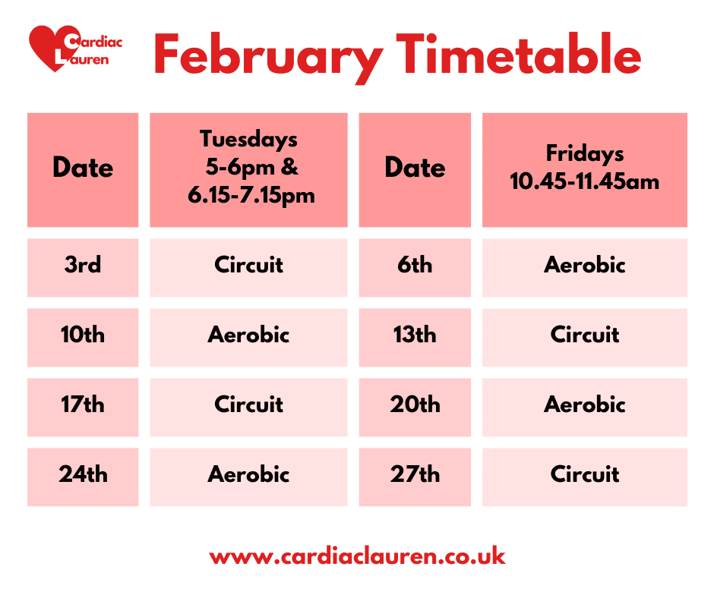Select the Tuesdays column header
point(248,168)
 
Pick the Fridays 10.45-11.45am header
point(584,168)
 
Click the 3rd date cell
point(83,265)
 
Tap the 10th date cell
point(83,335)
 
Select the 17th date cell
point(83,404)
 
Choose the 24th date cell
point(83,474)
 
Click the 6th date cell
point(415,265)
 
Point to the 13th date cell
point(415,335)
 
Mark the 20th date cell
point(415,404)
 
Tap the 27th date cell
point(415,474)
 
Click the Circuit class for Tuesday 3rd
point(248,265)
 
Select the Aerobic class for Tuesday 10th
point(248,335)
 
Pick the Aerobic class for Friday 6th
point(584,265)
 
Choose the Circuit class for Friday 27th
point(584,474)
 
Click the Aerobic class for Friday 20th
point(584,404)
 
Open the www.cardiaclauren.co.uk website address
point(357,556)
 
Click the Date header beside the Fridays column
point(415,168)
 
